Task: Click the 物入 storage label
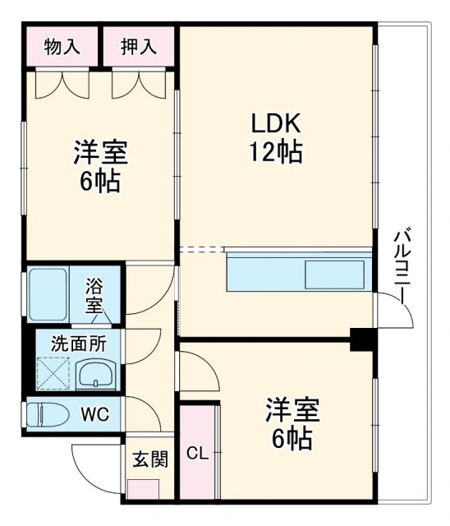[x=62, y=47]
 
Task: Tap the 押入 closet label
[x=139, y=47]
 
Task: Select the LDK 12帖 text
[x=277, y=138]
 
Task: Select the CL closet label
[x=197, y=453]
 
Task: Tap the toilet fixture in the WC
[x=48, y=413]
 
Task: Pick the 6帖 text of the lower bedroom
[x=292, y=439]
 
